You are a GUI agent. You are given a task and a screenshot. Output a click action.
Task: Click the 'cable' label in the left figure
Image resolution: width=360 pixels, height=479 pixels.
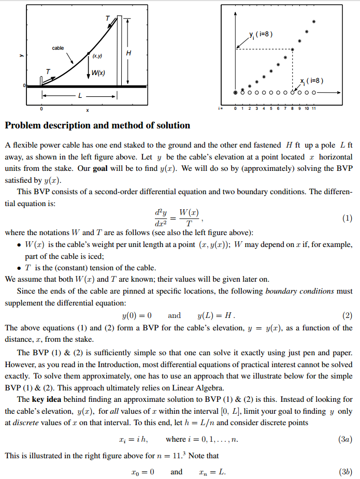[57, 48]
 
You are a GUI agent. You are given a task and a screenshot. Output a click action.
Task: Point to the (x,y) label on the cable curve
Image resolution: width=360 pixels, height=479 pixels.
[97, 55]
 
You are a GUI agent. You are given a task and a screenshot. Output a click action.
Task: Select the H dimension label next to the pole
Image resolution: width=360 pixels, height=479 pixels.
[128, 53]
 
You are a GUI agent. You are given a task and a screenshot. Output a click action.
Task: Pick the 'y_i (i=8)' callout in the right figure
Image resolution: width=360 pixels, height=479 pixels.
[261, 34]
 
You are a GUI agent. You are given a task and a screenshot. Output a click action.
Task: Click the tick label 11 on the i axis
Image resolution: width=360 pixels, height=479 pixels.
[314, 108]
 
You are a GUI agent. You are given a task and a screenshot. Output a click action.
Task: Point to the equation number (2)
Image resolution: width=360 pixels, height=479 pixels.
[347, 315]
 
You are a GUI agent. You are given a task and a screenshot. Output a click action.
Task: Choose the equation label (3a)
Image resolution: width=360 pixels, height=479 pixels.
[345, 439]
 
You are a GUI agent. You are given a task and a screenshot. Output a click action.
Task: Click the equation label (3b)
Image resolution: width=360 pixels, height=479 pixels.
[345, 472]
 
